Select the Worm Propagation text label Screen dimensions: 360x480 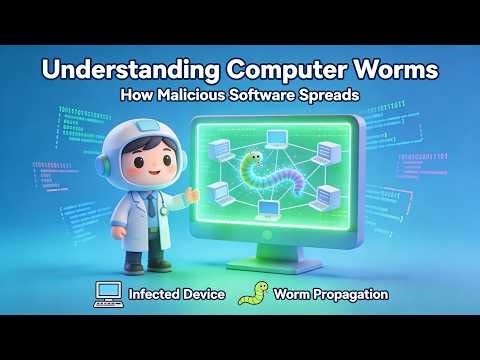click(332, 295)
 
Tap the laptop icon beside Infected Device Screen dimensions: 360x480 click(106, 294)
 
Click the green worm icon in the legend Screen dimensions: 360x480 click(254, 294)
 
